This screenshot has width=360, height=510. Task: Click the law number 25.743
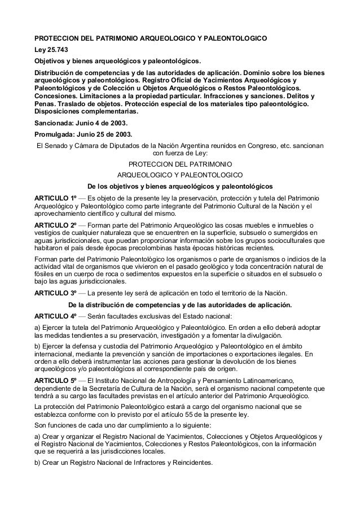point(55,50)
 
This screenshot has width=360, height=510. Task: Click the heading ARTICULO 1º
point(55,198)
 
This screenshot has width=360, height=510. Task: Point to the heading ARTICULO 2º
point(55,225)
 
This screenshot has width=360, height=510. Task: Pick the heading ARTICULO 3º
point(55,293)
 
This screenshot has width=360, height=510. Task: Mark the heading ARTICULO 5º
point(55,381)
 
